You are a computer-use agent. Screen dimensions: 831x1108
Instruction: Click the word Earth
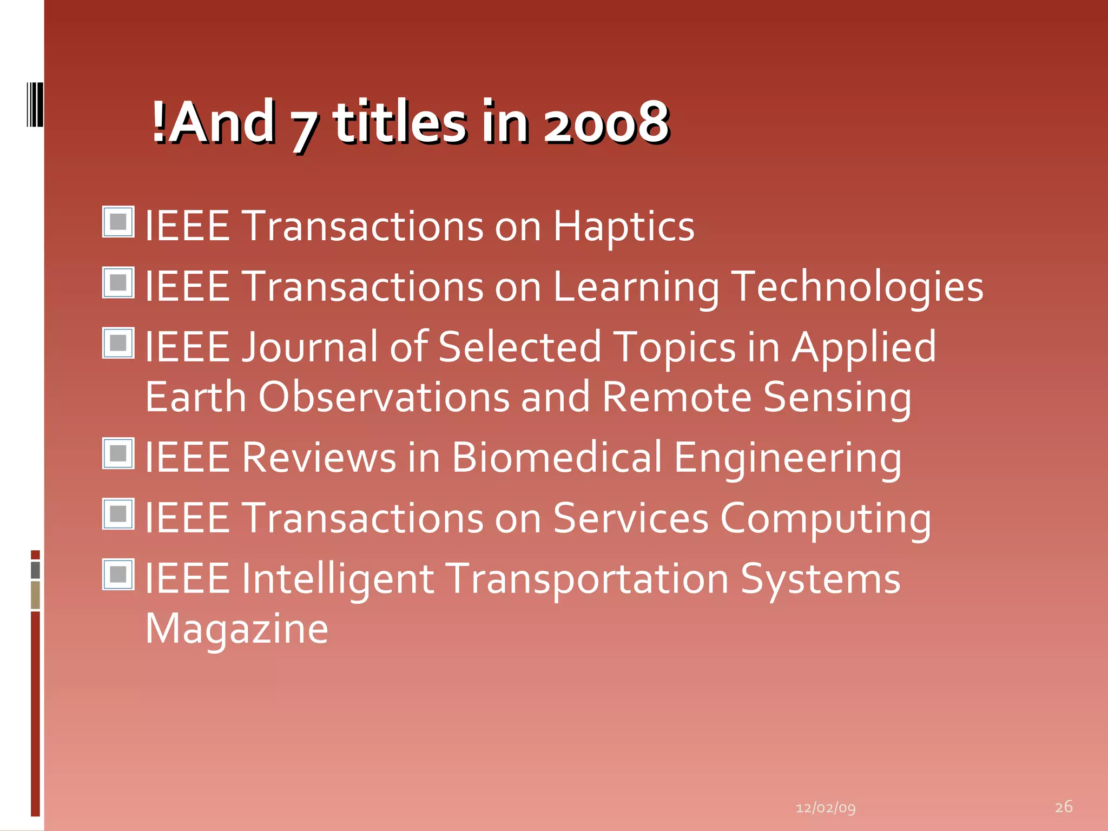click(196, 398)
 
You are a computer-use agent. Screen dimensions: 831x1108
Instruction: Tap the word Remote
click(676, 398)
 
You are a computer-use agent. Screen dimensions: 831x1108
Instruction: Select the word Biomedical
click(557, 458)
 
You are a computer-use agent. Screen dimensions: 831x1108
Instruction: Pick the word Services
click(630, 519)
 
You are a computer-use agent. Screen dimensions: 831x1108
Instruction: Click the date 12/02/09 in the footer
click(826, 808)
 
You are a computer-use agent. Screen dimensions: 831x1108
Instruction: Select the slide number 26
click(1064, 807)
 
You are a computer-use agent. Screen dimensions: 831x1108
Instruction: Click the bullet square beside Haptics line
click(118, 222)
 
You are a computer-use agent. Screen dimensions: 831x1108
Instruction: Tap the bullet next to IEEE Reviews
click(118, 453)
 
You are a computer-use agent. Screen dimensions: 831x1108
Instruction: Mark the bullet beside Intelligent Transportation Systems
click(118, 575)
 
